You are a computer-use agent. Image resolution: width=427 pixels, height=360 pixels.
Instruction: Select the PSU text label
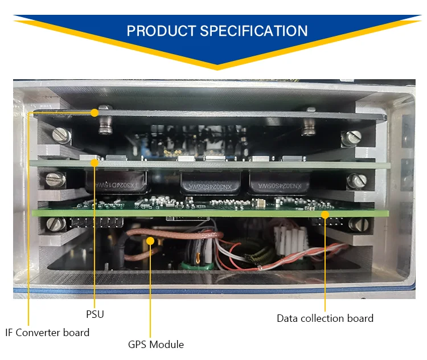(95, 314)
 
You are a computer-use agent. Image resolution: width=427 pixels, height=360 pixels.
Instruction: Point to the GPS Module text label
(155, 344)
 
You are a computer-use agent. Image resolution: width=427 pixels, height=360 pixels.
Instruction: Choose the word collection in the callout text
(327, 318)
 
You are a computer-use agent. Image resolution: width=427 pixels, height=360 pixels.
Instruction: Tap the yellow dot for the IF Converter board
(95, 112)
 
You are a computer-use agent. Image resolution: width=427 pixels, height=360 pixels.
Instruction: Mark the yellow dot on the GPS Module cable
(151, 241)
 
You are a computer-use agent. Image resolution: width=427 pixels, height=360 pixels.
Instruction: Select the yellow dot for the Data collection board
(325, 215)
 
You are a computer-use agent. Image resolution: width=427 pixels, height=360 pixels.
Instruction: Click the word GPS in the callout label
(138, 344)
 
